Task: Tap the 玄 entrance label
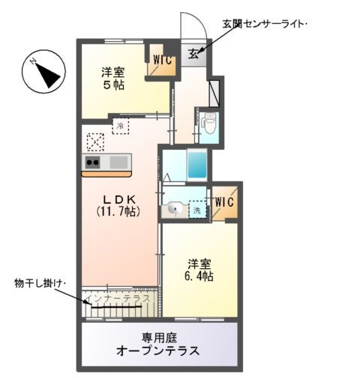(193, 52)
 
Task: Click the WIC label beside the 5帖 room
(163, 58)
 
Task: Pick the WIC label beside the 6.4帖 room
(224, 202)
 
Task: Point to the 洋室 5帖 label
(114, 79)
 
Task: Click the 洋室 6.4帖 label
(199, 270)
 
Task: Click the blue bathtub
(196, 162)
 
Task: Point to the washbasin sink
(175, 209)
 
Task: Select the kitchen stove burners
(93, 162)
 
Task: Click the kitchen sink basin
(118, 162)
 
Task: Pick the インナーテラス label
(118, 298)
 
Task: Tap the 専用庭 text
(157, 336)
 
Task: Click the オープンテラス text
(157, 351)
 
